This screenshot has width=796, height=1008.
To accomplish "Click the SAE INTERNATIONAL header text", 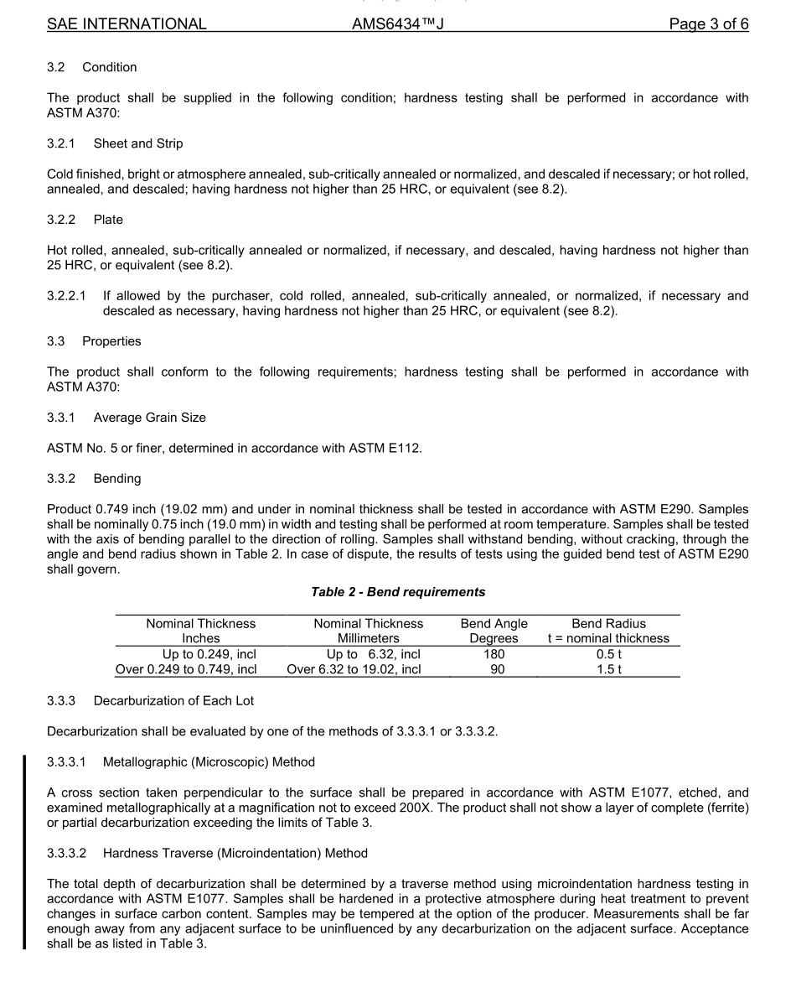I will (127, 24).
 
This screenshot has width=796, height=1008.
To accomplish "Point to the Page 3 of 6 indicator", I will (708, 24).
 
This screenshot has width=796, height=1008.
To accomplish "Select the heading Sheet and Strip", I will (138, 143).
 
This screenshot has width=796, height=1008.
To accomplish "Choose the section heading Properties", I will (111, 341).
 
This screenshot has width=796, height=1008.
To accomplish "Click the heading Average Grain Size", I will (149, 418).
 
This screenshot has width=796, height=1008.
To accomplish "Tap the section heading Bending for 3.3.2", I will (117, 479).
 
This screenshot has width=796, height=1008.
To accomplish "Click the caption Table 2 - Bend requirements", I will (398, 592).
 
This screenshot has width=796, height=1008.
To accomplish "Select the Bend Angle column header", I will (494, 624).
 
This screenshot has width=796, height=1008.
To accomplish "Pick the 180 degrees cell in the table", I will (494, 654).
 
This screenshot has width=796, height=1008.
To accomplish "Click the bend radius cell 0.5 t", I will (608, 654).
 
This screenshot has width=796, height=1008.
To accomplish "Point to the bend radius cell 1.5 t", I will (608, 669).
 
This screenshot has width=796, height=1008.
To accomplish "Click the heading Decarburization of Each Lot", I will (173, 700).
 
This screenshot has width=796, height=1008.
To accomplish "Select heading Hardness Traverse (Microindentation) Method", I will (235, 853).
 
